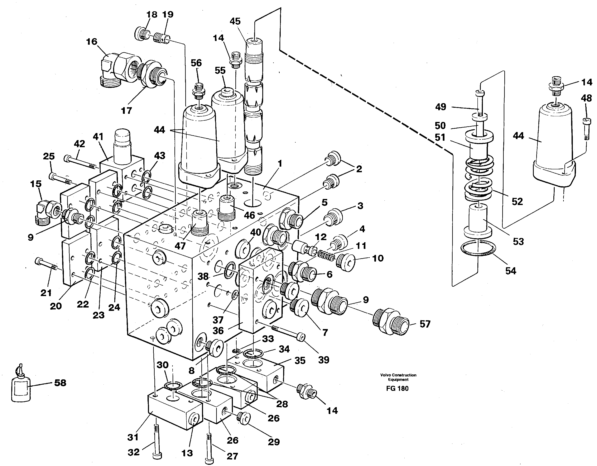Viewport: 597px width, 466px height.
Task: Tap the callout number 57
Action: point(425,324)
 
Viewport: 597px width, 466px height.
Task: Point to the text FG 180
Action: point(397,389)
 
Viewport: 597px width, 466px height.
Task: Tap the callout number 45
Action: point(235,21)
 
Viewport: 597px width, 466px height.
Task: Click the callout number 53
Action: point(518,242)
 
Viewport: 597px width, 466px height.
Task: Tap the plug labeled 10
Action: point(346,262)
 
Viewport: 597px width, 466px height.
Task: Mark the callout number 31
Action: point(133,437)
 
